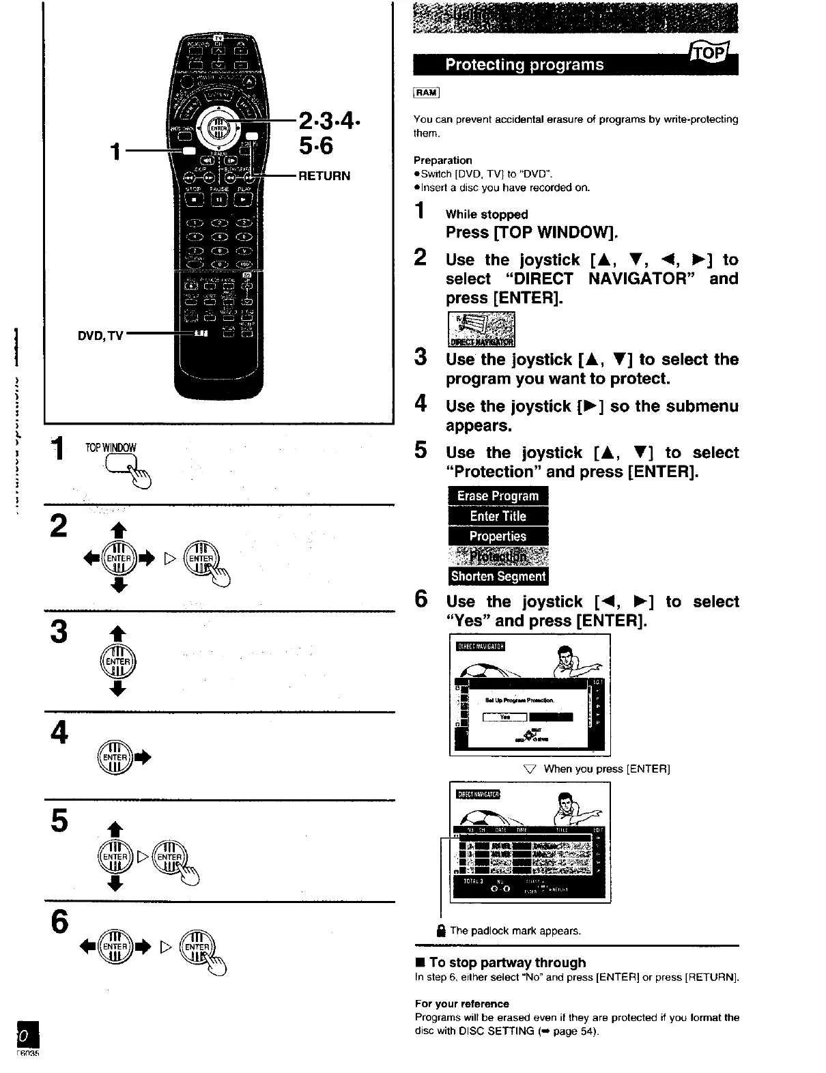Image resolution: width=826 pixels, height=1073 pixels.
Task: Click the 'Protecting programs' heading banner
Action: pos(524,65)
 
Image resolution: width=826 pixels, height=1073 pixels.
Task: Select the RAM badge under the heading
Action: pos(427,93)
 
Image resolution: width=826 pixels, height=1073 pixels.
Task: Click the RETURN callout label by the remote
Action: pos(324,175)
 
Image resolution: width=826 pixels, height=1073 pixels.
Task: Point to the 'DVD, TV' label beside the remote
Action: pos(99,335)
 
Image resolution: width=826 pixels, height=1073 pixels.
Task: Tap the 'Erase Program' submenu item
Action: pos(498,496)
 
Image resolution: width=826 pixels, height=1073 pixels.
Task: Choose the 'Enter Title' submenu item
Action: pos(498,516)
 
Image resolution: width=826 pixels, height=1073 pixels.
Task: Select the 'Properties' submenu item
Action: pos(498,536)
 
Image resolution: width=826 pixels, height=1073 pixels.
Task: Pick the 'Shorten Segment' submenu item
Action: pos(498,577)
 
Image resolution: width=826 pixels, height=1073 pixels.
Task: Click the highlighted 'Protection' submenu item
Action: pos(498,556)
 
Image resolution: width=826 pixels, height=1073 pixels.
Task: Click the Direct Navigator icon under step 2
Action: pos(481,330)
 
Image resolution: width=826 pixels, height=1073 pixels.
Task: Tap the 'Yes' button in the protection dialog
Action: pos(505,717)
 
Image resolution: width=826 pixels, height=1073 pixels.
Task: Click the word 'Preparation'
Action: pos(443,160)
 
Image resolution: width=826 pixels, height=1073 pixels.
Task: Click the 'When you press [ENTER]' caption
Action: pos(606,769)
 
